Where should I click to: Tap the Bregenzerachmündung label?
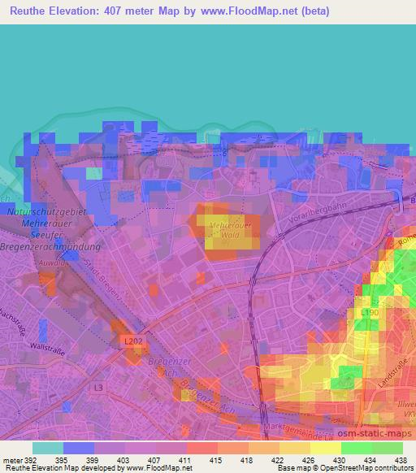(51, 245)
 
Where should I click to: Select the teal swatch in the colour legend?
(47, 448)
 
